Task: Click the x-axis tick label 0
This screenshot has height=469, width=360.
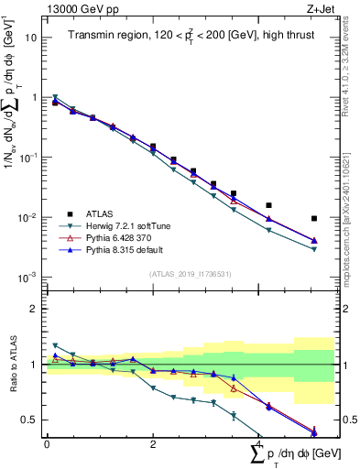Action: (x=47, y=443)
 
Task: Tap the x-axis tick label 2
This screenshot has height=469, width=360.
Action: (x=152, y=443)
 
